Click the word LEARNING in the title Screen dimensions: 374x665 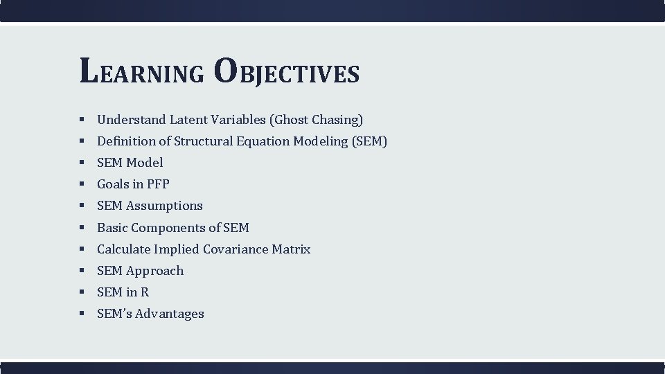pos(142,72)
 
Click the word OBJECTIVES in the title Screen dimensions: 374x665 pos(286,72)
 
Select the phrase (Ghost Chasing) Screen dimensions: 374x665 pos(317,120)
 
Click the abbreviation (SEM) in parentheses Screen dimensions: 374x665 pos(369,141)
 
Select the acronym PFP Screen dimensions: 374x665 pos(157,184)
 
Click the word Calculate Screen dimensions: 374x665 pos(123,249)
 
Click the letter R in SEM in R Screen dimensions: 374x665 pos(144,292)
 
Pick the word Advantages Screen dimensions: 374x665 pos(170,314)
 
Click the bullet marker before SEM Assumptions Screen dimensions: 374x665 pos(82,206)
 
